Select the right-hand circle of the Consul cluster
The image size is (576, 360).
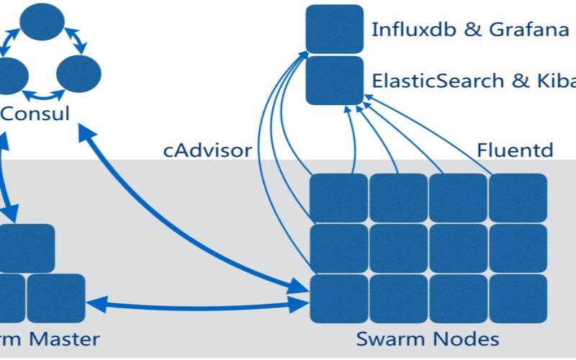tap(78, 73)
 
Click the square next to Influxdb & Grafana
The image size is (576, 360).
tap(334, 29)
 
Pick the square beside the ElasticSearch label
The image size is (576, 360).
tap(334, 80)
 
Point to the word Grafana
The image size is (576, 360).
tap(521, 30)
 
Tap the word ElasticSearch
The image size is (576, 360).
tap(438, 81)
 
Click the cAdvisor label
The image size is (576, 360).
tap(207, 150)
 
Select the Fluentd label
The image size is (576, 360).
tap(515, 150)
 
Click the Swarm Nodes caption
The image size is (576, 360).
tap(428, 338)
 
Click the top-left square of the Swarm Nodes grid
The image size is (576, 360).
tap(338, 198)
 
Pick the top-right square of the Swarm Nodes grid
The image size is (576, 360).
tap(518, 198)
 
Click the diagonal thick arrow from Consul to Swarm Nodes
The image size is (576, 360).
tap(194, 209)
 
